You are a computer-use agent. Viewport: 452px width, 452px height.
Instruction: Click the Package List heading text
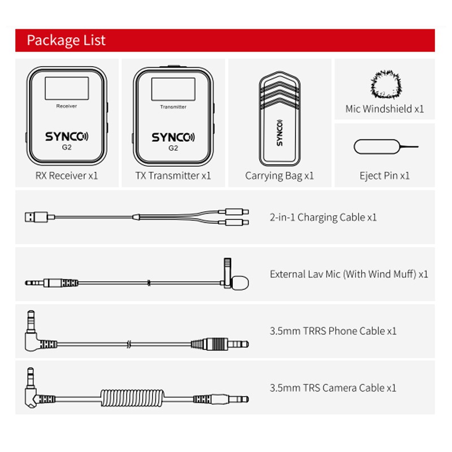pos(66,40)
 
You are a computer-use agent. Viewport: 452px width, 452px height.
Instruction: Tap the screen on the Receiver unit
pos(67,88)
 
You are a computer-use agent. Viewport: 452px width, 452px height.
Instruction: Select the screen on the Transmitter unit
pos(173,89)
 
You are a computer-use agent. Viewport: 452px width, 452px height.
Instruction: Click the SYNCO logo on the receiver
pos(67,136)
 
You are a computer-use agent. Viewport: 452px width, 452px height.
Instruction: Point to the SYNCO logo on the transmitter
pos(173,137)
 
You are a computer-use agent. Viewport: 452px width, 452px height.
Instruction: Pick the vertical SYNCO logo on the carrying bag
pos(279,133)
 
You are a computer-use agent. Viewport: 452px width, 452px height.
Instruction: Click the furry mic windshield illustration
pos(386,84)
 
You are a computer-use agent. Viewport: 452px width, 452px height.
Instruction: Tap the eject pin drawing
pos(386,147)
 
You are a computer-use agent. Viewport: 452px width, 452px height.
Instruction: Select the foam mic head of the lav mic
pos(240,283)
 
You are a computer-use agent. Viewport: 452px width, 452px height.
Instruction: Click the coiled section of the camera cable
pos(132,398)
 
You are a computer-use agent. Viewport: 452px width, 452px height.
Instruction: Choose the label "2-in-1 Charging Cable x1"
pos(323,218)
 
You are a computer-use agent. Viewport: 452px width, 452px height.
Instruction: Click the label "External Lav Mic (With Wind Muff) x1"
pos(349,274)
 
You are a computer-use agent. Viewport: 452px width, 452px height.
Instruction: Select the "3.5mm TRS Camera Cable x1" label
pos(333,388)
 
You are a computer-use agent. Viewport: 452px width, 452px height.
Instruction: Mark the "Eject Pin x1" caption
pos(385,176)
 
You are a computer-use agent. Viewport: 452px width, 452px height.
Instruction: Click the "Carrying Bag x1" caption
pos(279,176)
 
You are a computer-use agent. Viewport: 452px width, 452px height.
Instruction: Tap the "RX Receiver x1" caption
pos(67,176)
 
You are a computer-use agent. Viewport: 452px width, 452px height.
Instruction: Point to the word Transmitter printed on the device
pos(173,107)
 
